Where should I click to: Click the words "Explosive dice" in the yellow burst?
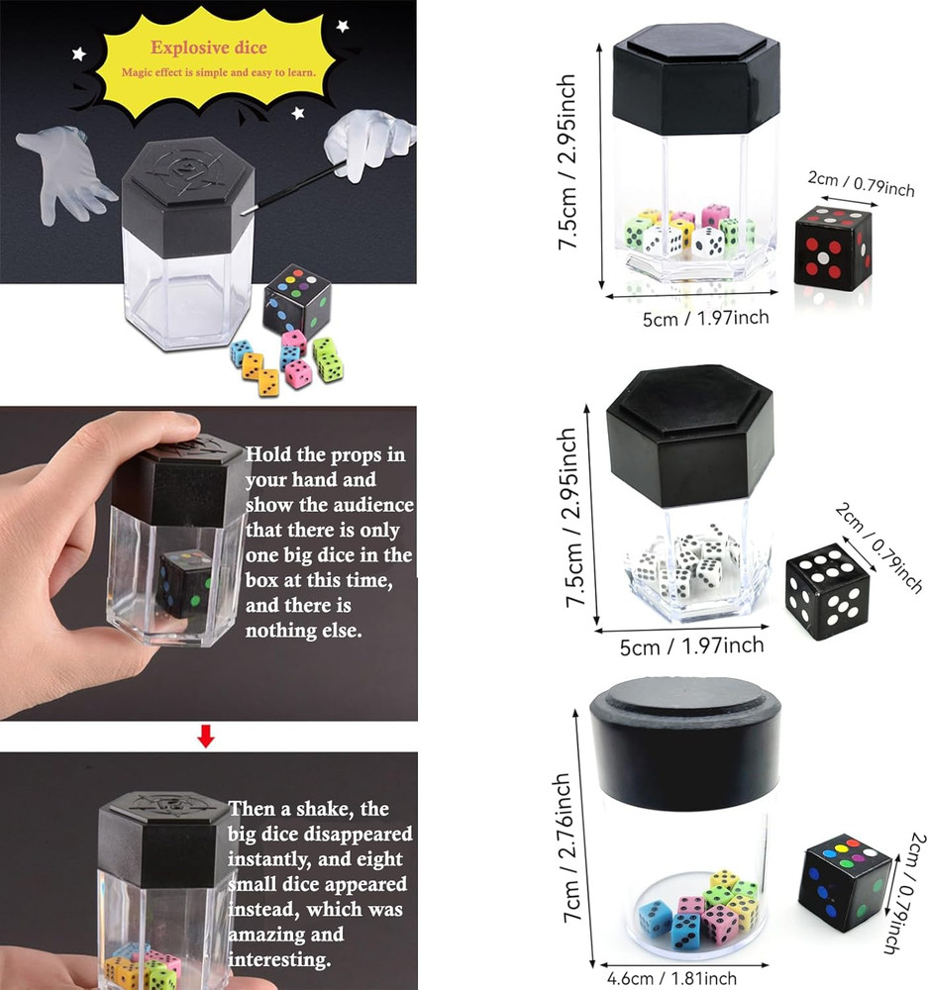tap(208, 47)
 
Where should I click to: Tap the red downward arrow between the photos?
tap(206, 736)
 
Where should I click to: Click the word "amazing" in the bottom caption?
tap(259, 934)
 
